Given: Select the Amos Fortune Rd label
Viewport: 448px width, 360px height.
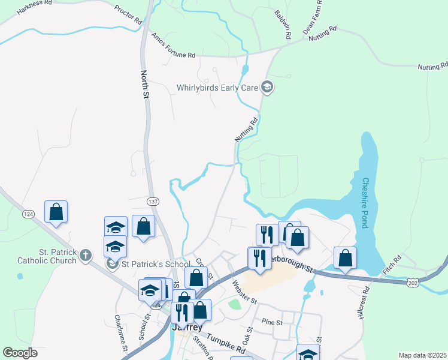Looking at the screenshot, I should click(x=174, y=46).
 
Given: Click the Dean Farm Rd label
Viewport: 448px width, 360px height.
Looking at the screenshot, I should click(x=313, y=16).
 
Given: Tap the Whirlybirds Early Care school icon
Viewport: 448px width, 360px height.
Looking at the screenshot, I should click(x=267, y=88).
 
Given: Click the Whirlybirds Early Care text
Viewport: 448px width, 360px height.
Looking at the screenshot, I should click(x=217, y=88).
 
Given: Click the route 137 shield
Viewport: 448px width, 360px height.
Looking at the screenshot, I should click(x=153, y=199).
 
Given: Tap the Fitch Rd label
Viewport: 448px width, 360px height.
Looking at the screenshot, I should click(x=392, y=267).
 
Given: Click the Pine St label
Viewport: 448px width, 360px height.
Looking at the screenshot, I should click(x=271, y=322).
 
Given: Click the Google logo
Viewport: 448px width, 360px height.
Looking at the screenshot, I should click(x=20, y=353).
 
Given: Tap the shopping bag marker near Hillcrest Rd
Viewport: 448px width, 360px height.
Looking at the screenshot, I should click(x=345, y=258).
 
